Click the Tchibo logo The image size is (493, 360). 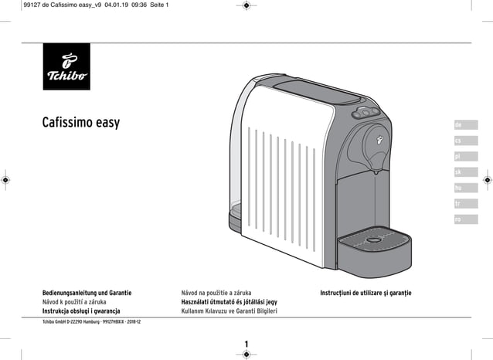[x=66, y=66]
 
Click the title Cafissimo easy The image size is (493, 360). [x=81, y=123]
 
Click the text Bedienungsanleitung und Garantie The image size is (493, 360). [x=87, y=294]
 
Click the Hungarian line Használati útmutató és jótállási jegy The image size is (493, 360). [x=223, y=302]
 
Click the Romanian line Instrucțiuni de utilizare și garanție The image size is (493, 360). [x=366, y=294]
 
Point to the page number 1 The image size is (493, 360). [x=245, y=342]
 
